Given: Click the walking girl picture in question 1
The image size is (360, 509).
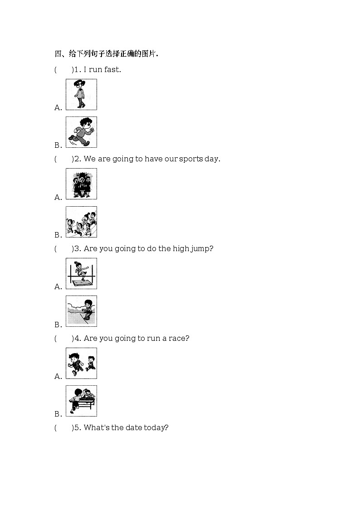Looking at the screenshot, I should pyautogui.click(x=81, y=94).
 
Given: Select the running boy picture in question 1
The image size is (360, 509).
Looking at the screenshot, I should pyautogui.click(x=81, y=132).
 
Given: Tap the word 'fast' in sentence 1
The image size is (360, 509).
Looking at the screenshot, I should pyautogui.click(x=112, y=70).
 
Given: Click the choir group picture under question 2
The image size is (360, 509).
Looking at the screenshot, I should pyautogui.click(x=81, y=184).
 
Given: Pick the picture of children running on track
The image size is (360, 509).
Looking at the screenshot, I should pyautogui.click(x=81, y=222).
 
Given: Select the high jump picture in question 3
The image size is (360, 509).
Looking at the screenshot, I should pyautogui.click(x=81, y=273).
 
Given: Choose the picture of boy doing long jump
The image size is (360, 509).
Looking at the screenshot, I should pyautogui.click(x=81, y=311).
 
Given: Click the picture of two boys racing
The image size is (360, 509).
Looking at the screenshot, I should pyautogui.click(x=81, y=363).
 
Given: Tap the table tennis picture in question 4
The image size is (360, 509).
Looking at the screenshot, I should pyautogui.click(x=81, y=401).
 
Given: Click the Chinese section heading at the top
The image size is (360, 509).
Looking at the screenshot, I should pyautogui.click(x=106, y=54).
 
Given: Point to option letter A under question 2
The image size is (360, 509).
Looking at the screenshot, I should pyautogui.click(x=58, y=197).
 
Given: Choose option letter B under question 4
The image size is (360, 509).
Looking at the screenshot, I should pyautogui.click(x=58, y=414).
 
